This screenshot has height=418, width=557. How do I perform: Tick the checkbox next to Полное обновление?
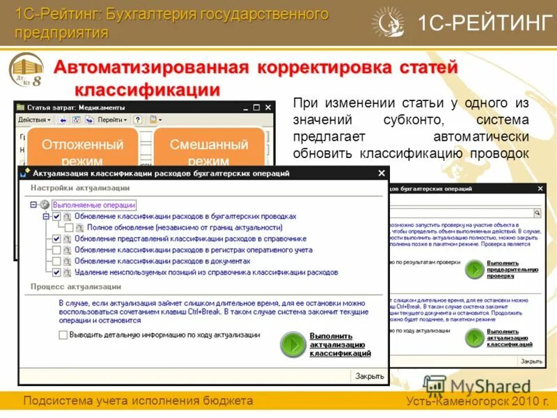tap(69, 227)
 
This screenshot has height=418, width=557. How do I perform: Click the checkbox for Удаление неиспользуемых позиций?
tap(57, 272)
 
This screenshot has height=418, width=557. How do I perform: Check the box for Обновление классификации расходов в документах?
tap(57, 261)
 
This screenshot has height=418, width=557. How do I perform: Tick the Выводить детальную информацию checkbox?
tap(63, 335)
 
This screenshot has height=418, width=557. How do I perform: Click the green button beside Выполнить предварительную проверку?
tap(475, 270)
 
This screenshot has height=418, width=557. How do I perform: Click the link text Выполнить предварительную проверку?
tap(512, 269)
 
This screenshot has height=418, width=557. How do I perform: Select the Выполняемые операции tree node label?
tap(94, 205)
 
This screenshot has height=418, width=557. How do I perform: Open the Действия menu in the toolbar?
tap(33, 120)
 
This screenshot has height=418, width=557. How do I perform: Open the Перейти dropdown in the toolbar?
tap(111, 120)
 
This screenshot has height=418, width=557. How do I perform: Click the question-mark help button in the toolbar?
tap(138, 120)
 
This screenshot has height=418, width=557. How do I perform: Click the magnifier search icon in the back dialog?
tap(537, 212)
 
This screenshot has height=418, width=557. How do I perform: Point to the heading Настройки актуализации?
tap(79, 187)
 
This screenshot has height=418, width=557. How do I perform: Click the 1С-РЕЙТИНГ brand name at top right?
tap(483, 23)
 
